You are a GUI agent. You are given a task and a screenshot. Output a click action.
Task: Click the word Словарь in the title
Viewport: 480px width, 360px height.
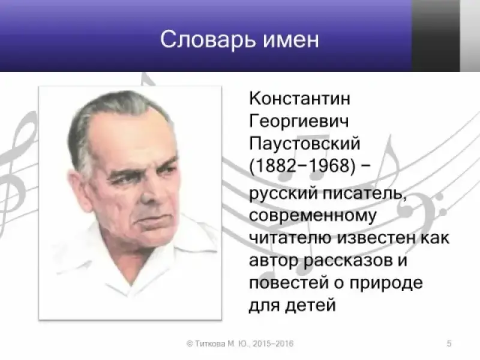(x=208, y=40)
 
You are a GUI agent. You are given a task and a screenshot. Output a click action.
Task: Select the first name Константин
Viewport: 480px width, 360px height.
(x=299, y=98)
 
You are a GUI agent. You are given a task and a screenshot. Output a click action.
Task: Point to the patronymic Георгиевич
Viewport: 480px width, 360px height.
(x=299, y=121)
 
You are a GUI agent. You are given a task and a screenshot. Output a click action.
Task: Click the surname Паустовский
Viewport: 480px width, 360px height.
(x=305, y=143)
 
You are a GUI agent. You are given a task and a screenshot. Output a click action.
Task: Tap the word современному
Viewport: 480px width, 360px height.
(x=313, y=216)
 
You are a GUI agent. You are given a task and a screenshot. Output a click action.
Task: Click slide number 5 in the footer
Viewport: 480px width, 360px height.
(x=449, y=343)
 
